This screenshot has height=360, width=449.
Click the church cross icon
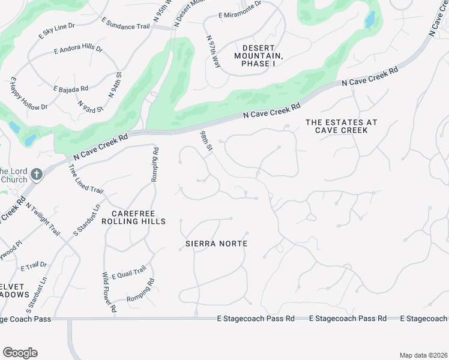36,175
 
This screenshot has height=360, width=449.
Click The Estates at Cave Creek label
342,127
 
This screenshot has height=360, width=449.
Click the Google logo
20,353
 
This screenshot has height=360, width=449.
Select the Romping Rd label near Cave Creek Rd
155,166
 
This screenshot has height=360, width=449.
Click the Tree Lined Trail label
86,181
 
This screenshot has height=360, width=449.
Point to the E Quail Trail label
128,273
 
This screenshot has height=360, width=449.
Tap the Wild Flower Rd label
109,292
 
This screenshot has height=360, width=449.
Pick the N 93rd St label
91,106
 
